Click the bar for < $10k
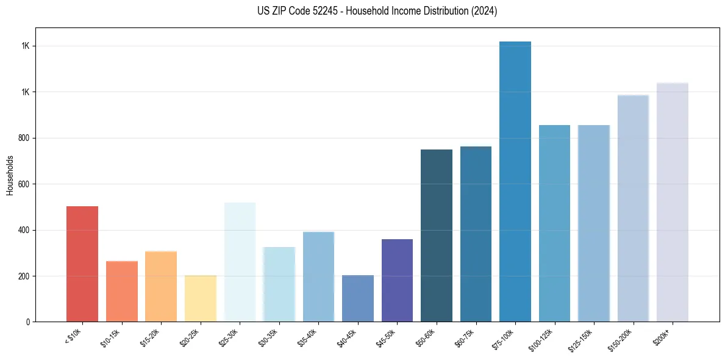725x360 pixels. (82, 264)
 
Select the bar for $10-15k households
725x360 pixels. (122, 291)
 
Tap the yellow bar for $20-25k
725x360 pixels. (201, 298)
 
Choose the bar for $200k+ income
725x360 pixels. (673, 202)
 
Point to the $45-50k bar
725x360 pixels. (397, 280)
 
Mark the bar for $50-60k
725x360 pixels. (437, 236)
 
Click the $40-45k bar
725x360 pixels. (358, 298)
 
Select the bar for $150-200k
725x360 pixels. (633, 208)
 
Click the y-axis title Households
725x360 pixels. (10, 175)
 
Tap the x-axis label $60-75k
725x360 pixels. (465, 338)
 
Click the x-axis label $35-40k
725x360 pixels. (308, 338)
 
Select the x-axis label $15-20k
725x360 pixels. (150, 338)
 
